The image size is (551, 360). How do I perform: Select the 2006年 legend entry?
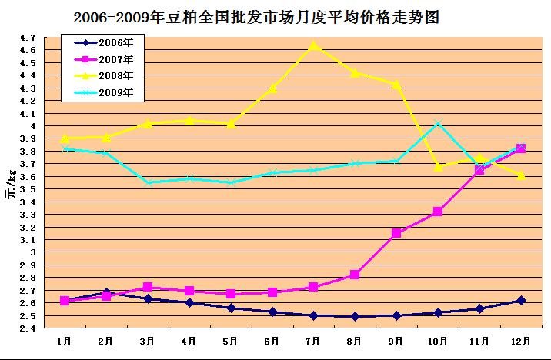point(100,42)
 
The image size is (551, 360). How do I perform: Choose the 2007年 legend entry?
point(100,58)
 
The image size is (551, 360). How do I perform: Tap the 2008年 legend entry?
point(100,75)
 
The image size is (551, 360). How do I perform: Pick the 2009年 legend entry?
point(100,92)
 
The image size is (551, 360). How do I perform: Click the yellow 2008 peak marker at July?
point(313,45)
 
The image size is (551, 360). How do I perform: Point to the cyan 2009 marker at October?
point(437,124)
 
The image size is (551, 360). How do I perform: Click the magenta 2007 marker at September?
point(396,233)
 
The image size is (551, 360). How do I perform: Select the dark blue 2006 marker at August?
point(355,316)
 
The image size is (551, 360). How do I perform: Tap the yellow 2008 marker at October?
point(437,166)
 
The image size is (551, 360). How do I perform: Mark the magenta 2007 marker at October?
point(437,212)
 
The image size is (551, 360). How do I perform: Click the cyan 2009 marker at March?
point(148,182)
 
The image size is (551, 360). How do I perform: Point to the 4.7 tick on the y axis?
point(28,37)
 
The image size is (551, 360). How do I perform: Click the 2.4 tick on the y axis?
point(28,328)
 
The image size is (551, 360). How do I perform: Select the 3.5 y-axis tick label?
point(28,188)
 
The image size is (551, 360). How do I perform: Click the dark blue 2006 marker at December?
point(520,300)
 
